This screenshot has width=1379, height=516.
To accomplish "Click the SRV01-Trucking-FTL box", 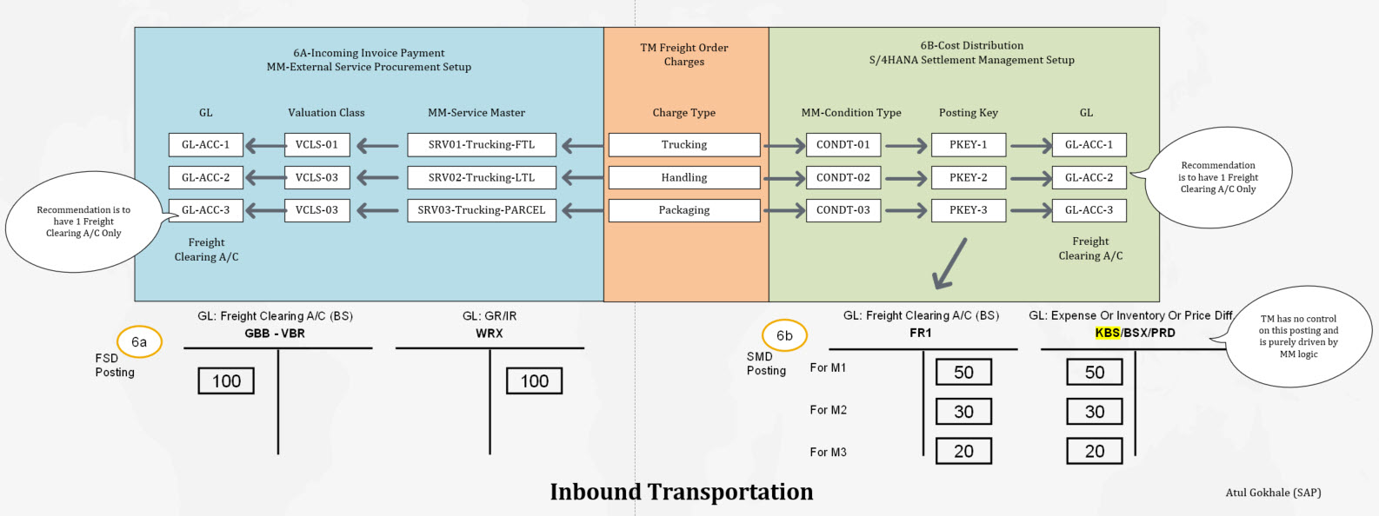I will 482,144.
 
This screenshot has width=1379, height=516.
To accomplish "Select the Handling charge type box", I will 684,177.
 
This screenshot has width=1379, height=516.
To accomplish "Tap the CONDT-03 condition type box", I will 843,210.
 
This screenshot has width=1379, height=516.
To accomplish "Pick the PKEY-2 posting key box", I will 968,177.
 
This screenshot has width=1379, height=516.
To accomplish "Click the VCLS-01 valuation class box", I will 316,144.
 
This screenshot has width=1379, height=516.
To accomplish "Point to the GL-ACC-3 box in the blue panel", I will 205,210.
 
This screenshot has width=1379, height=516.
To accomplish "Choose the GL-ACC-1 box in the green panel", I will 1089,144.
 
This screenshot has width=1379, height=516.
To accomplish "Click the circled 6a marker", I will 139,341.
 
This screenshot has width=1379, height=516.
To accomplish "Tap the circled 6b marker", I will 784,335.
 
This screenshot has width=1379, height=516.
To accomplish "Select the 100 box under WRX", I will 534,380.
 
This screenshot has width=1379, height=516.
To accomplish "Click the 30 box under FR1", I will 963,412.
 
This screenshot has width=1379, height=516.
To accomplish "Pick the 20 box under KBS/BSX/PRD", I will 1095,451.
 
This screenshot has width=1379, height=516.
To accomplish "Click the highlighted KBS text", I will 1107,333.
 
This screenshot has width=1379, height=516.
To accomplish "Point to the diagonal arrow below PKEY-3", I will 949,263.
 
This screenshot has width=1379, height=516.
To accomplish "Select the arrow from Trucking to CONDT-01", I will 784,145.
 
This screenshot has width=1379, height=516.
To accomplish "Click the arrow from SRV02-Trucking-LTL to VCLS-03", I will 378,177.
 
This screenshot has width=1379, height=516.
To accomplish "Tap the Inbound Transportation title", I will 682,492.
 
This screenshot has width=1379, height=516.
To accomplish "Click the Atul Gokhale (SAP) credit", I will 1273,493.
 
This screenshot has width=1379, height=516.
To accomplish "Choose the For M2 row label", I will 828,410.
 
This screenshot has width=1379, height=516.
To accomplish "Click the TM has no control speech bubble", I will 1299,336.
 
